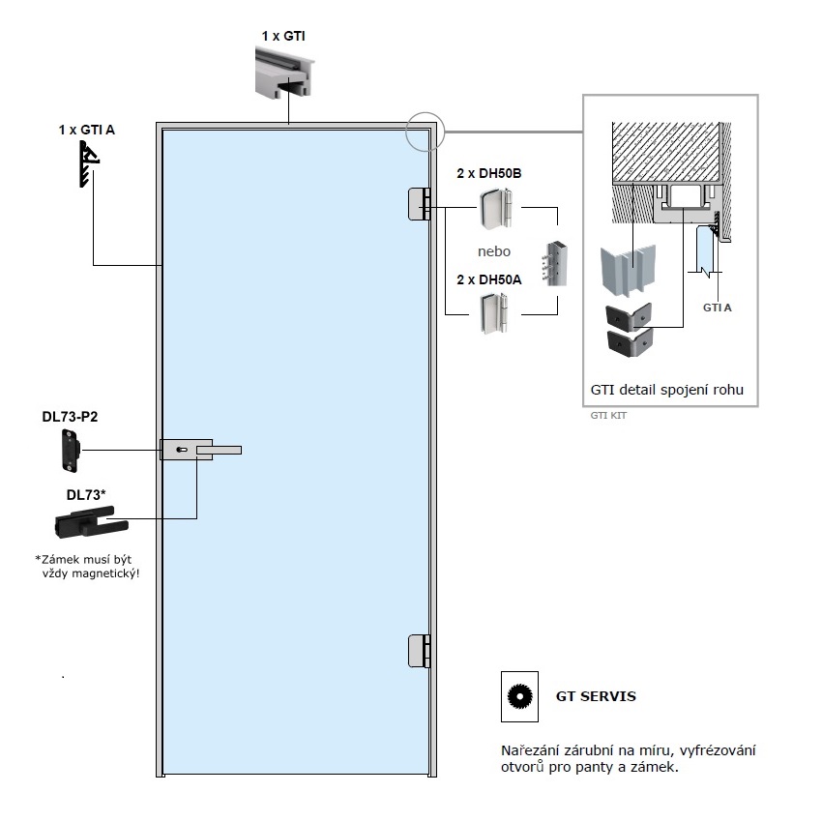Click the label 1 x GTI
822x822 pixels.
[x=283, y=36]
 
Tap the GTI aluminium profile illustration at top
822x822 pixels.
[x=284, y=72]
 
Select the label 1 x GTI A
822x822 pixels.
[x=86, y=130]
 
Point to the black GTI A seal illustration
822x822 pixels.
[x=89, y=163]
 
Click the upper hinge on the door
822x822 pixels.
[x=419, y=204]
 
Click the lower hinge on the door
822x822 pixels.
[x=419, y=651]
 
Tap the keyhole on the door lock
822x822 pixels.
[x=182, y=450]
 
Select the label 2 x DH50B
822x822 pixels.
[x=489, y=173]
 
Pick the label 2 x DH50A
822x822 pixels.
[x=489, y=279]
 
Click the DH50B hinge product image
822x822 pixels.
[x=495, y=209]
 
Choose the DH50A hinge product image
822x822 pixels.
[x=494, y=313]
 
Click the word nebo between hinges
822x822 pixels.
[x=494, y=251]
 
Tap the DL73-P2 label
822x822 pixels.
[x=70, y=417]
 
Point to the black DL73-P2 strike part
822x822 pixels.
[x=71, y=451]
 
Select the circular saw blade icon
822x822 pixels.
[x=519, y=696]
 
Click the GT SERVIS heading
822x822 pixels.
[x=596, y=696]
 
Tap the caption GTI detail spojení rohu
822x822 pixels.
[x=667, y=390]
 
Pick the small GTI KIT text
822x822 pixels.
[x=608, y=416]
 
